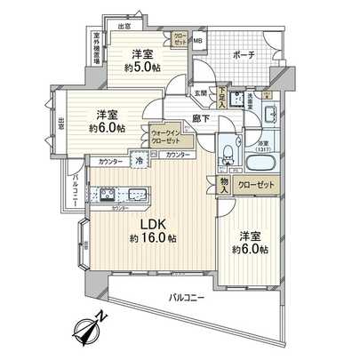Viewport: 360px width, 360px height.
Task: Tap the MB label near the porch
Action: click(x=199, y=40)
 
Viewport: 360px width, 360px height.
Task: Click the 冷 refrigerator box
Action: click(x=140, y=161)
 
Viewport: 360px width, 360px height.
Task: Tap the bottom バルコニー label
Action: click(x=188, y=298)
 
